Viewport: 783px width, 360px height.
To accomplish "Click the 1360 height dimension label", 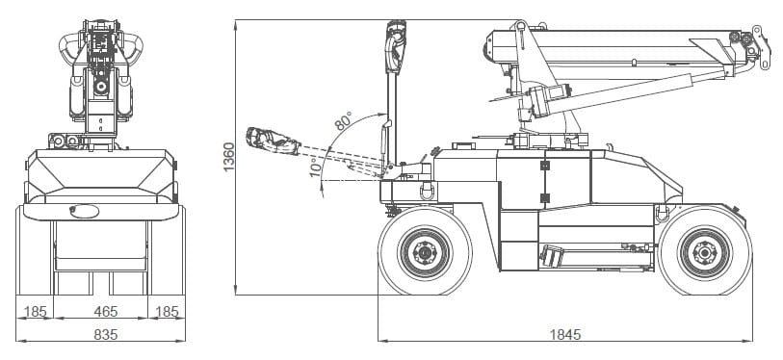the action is tap(228, 157).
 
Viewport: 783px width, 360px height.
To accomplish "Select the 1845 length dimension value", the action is tap(565, 334).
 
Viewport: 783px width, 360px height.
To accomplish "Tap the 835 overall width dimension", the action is tap(106, 334).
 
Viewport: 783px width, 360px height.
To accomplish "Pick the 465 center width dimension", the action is tap(106, 312).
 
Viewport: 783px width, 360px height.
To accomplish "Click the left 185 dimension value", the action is tap(35, 312).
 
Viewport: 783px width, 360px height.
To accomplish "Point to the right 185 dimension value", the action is tap(167, 312).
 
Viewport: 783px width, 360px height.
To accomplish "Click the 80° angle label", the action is tap(344, 121).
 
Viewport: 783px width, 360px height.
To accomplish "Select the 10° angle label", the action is tap(316, 167).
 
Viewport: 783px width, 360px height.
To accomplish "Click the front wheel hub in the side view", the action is tap(425, 252).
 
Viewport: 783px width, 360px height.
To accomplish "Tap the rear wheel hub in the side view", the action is tap(705, 252).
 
